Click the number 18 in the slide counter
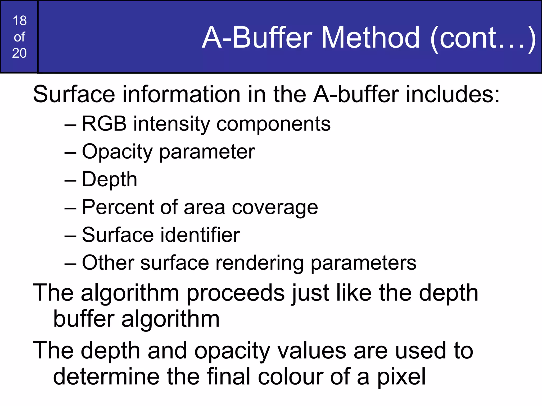click(20, 21)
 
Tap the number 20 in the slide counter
click(19, 53)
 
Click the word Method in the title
click(370, 38)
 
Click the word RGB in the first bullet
click(104, 124)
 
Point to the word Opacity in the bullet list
click(117, 152)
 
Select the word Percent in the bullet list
click(118, 207)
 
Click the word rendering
click(259, 263)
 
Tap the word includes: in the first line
click(453, 94)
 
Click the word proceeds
click(236, 293)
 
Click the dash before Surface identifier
click(70, 235)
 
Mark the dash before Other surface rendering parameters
click(70, 263)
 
